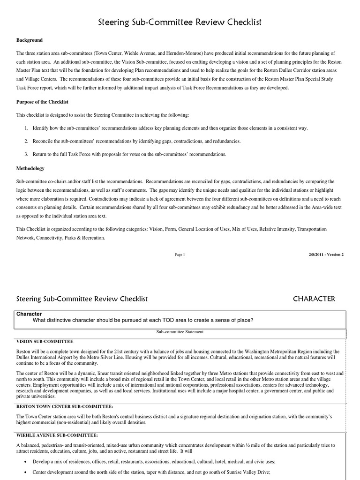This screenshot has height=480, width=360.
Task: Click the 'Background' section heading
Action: tap(30, 40)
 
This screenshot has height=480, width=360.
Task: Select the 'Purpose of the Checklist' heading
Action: tap(43, 102)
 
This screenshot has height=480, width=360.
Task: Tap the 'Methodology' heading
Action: tap(30, 168)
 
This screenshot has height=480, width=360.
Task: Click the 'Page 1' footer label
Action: tap(180, 255)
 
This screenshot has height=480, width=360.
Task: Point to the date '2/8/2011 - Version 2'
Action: tap(326, 255)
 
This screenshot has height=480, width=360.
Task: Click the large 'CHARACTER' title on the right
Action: tap(314, 299)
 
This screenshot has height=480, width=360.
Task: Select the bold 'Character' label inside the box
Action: tap(29, 314)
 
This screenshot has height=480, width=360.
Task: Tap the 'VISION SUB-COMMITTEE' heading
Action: tap(45, 341)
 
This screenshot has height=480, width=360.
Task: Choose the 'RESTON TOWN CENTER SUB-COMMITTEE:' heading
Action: tap(65, 406)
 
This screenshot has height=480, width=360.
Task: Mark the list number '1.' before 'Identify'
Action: tap(27, 128)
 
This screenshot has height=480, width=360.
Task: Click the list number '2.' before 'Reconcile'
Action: tap(27, 141)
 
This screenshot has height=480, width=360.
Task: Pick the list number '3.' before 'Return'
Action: tap(27, 154)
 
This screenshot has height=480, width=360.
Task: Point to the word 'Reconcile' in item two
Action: tap(44, 141)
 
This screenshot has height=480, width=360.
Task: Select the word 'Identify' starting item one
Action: tap(41, 128)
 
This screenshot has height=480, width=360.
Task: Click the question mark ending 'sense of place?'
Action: tap(252, 321)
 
